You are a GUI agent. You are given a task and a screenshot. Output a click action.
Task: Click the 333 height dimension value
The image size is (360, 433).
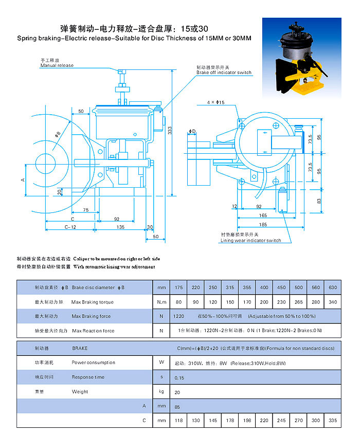[170, 131]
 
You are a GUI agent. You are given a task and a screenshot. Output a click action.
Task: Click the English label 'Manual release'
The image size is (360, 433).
[57, 65]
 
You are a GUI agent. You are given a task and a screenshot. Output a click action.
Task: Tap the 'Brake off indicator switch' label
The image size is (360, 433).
[224, 73]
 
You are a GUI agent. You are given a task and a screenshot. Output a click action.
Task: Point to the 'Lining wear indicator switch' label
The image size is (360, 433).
[250, 240]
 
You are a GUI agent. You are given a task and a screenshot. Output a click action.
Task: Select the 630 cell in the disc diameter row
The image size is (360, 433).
[333, 287]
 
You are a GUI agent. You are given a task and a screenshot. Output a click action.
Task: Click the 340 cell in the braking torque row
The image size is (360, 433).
[333, 302]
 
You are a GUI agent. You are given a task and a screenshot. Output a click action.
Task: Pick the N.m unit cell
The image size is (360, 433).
[161, 302]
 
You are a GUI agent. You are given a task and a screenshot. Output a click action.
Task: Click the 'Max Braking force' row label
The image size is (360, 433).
[91, 316]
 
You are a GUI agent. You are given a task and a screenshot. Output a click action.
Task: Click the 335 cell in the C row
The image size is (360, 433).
[333, 420]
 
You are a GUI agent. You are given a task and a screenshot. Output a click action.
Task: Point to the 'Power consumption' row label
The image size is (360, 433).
[94, 363]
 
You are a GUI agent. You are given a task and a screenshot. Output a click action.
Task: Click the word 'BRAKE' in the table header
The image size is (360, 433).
[80, 348]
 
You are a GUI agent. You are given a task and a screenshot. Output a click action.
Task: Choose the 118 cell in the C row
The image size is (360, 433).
[179, 420]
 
